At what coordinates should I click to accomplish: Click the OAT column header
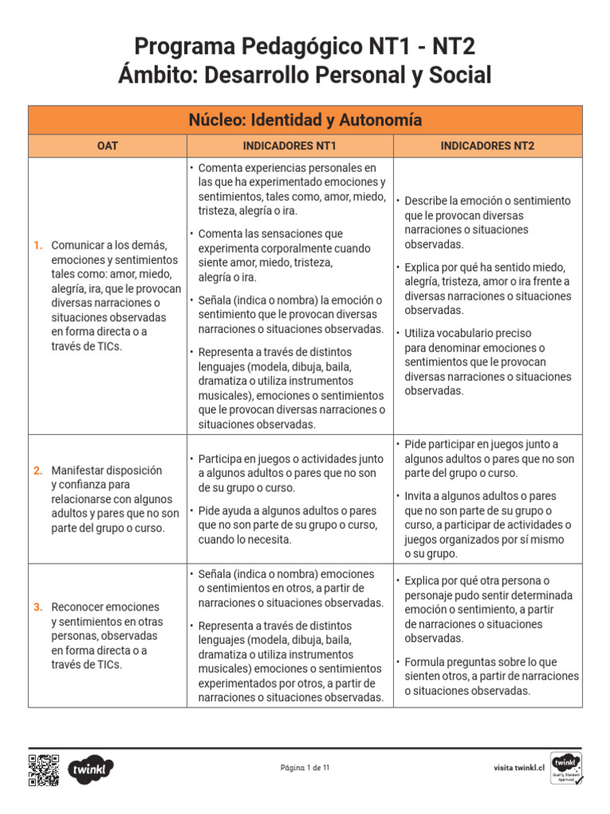pos(107,146)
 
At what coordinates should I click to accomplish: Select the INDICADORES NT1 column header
pos(289,146)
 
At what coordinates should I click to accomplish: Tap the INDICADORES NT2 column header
pos(488,146)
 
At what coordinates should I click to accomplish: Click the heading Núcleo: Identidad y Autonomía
pos(305,120)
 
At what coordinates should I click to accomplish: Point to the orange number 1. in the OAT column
pos(38,246)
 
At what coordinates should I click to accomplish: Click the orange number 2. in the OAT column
pos(38,471)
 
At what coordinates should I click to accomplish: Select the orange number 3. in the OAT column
pos(38,607)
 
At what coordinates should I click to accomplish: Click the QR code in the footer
pos(44,769)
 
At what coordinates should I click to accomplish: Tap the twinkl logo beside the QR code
pos(91,769)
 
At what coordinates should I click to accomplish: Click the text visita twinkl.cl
pos(518,768)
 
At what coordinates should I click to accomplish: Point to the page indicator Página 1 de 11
pos(305,768)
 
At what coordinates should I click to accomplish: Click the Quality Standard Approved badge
pos(566,768)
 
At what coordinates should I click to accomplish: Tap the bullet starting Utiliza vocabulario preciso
pos(487,362)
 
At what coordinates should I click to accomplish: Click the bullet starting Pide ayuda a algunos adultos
pos(288,525)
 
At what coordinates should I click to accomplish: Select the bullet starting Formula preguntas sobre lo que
pos(490,676)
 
